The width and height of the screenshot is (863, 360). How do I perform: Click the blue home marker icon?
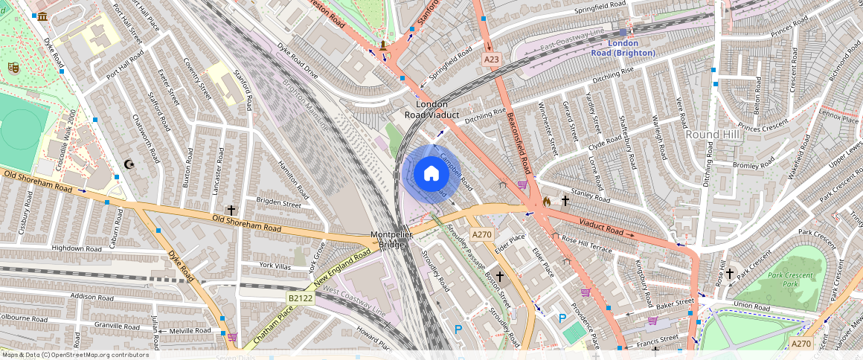tap(431, 174)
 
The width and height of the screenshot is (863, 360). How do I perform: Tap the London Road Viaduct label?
tap(431, 109)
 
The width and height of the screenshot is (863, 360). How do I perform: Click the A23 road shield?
tap(490, 59)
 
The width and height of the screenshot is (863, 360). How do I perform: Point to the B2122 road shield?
tap(300, 298)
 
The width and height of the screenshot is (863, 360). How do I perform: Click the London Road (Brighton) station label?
tap(623, 48)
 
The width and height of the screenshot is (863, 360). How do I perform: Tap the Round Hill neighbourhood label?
tap(712, 134)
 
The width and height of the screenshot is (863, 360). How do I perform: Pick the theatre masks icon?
tap(13, 67)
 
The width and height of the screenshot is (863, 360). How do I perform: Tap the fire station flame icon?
tap(547, 201)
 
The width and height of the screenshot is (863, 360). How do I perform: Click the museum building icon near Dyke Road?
tap(42, 16)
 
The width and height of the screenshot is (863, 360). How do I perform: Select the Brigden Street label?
tap(279, 203)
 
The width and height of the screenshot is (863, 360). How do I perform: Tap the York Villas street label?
tap(275, 265)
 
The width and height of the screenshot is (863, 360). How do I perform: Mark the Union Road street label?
tap(750, 305)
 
